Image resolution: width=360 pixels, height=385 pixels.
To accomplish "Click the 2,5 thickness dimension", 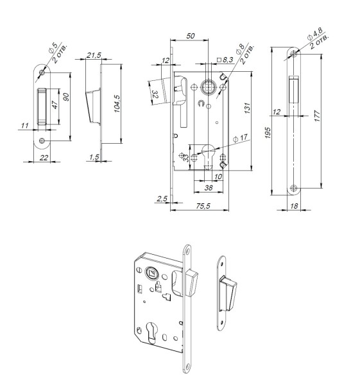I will click(x=161, y=200).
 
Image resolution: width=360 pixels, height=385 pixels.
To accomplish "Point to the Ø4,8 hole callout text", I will click(x=315, y=35).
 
